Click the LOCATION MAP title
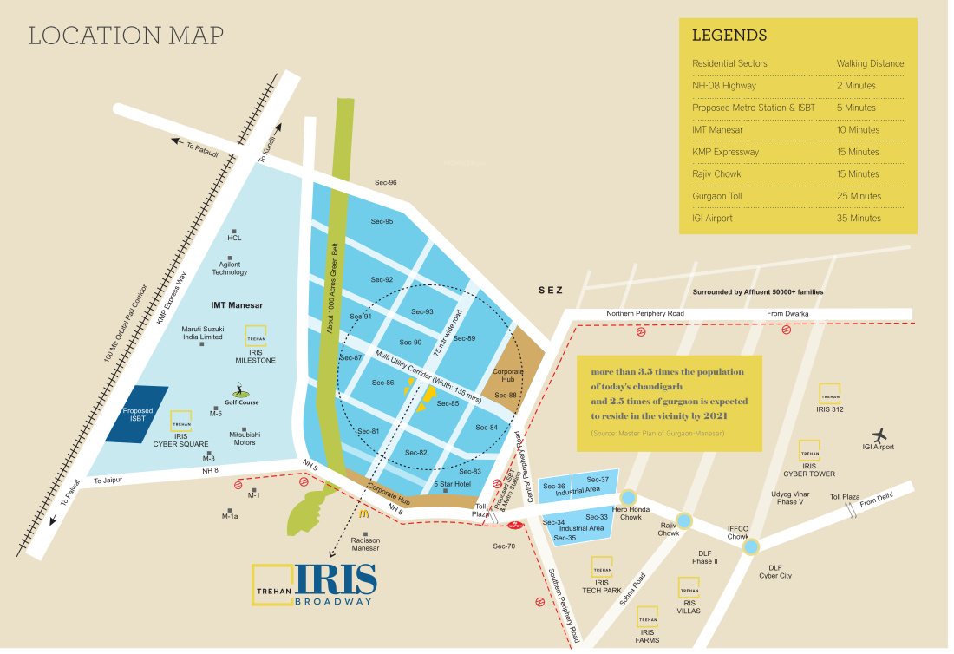[x=126, y=36]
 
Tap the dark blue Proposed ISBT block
[x=137, y=415]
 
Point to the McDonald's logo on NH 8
[x=364, y=513]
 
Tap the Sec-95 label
[x=382, y=221]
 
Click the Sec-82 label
[x=416, y=453]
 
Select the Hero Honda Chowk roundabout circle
[x=631, y=497]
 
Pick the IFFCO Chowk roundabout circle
[x=752, y=546]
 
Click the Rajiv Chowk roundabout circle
[x=685, y=520]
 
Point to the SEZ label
[x=550, y=291]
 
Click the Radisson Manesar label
[x=365, y=544]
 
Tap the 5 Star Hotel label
[x=452, y=483]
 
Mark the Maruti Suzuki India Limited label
[x=203, y=333]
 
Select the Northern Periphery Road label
[x=645, y=313]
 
